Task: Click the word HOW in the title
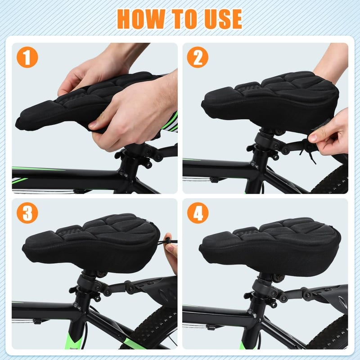click(x=141, y=19)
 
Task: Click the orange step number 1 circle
click(x=27, y=57)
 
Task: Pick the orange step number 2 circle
click(x=198, y=57)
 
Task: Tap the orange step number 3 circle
click(x=27, y=213)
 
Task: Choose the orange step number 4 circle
click(x=198, y=213)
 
